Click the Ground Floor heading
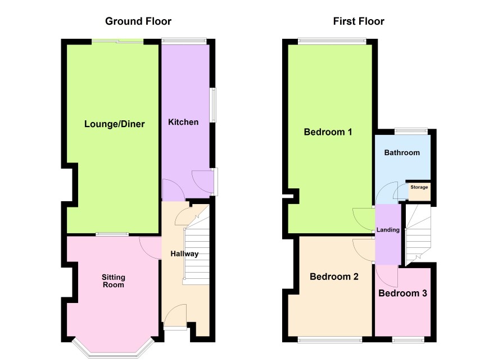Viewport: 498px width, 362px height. [138, 21]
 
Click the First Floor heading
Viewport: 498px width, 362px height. [359, 21]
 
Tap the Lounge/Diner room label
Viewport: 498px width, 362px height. [114, 124]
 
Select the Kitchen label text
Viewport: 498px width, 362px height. [183, 122]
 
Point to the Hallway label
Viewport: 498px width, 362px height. [184, 254]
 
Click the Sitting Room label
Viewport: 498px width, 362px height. [114, 281]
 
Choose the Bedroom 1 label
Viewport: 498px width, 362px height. [328, 132]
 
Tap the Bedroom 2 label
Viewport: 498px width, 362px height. [334, 277]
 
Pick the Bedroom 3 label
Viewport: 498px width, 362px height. [402, 293]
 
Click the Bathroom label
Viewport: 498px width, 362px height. [402, 153]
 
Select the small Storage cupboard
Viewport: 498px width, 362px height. [419, 191]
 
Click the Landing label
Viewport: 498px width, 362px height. [388, 229]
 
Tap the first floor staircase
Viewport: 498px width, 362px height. [418, 235]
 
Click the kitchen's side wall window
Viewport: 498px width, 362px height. [214, 105]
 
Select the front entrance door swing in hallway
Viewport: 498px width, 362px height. [174, 315]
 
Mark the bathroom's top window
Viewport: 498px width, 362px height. [411, 130]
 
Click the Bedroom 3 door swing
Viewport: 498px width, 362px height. [387, 276]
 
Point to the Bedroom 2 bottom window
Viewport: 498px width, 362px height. [330, 340]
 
